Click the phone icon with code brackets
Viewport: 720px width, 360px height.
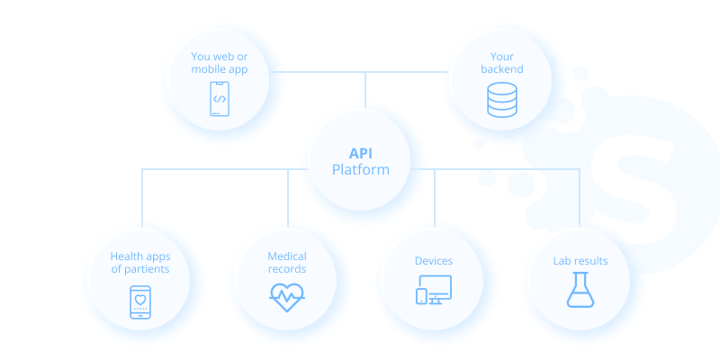point(219,99)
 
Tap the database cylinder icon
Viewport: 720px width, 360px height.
point(501,100)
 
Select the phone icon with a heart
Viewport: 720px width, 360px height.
point(139,301)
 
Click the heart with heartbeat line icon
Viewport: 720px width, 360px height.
point(287,297)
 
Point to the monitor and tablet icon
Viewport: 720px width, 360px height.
point(434,289)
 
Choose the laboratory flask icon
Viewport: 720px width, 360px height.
point(580,290)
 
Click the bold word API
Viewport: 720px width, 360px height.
point(361,153)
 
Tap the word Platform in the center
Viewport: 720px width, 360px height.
point(361,170)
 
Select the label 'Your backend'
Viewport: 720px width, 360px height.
point(501,63)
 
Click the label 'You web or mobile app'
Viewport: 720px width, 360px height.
point(219,63)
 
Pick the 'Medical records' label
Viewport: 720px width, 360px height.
point(287,263)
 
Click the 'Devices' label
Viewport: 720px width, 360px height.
point(434,261)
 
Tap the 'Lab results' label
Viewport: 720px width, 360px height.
point(580,261)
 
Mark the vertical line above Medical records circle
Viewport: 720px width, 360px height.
point(288,198)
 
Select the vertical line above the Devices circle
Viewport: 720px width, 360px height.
point(435,198)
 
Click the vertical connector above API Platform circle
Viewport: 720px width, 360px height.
point(365,90)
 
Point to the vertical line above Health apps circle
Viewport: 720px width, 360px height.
point(142,202)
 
